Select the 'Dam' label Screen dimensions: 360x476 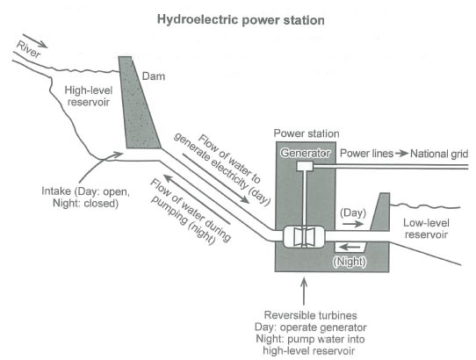(156, 77)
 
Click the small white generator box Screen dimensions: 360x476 (304, 167)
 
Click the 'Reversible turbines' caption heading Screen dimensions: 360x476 (303, 313)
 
